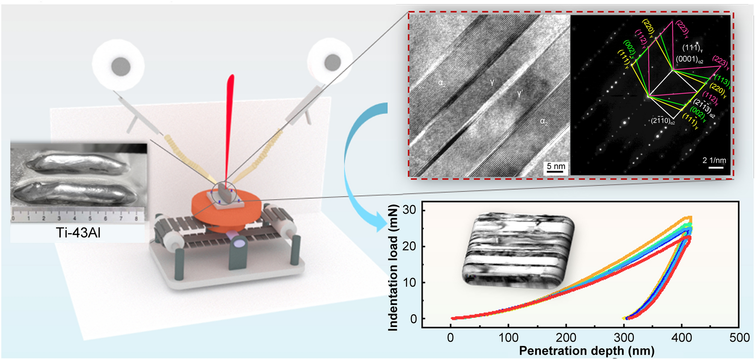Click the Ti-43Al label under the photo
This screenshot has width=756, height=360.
pyautogui.click(x=78, y=233)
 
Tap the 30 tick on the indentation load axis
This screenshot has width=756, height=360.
pyautogui.click(x=409, y=210)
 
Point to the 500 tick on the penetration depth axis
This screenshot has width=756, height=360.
pyautogui.click(x=739, y=338)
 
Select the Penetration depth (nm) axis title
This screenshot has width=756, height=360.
pyautogui.click(x=586, y=351)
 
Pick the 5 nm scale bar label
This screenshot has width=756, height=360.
pyautogui.click(x=556, y=167)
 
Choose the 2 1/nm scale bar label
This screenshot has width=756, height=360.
pyautogui.click(x=714, y=161)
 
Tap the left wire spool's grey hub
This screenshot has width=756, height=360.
pyautogui.click(x=121, y=66)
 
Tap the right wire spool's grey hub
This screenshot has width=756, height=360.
pyautogui.click(x=332, y=62)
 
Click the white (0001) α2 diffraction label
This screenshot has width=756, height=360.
pyautogui.click(x=689, y=59)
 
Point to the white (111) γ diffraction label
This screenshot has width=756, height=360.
pyautogui.click(x=692, y=48)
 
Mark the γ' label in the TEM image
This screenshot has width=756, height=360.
pyautogui.click(x=520, y=94)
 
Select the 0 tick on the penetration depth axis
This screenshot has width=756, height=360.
pyautogui.click(x=451, y=338)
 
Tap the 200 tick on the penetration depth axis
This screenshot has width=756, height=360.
pyautogui.click(x=566, y=338)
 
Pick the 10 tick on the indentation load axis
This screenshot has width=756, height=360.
pyautogui.click(x=409, y=283)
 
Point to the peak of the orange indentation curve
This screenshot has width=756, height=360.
pyautogui.click(x=689, y=218)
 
